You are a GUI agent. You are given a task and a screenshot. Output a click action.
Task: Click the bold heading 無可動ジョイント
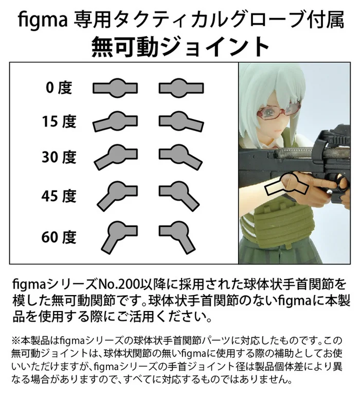point(180,47)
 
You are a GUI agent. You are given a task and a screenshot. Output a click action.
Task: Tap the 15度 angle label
point(59,121)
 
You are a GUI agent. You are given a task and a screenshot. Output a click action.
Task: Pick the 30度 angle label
point(59,156)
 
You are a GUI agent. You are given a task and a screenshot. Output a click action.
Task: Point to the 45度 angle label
point(59,196)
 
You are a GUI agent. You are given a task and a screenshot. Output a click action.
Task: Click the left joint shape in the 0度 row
point(116,87)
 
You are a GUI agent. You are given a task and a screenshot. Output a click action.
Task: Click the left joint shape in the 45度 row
point(114,193)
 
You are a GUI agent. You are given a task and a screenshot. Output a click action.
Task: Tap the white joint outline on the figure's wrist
point(282,189)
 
